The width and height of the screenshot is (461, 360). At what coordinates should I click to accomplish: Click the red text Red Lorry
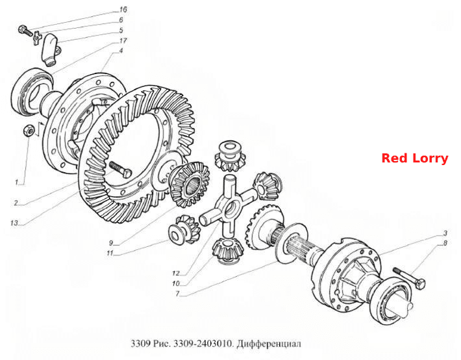point(414,158)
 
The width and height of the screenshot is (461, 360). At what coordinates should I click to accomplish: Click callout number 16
point(123,9)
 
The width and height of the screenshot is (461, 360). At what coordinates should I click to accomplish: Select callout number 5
point(121,31)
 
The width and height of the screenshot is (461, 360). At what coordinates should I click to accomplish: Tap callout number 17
point(123,41)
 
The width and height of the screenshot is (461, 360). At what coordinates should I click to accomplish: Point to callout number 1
point(17,183)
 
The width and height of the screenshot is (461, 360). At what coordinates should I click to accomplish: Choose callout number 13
point(14,223)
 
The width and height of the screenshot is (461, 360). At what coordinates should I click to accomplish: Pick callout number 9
point(111,243)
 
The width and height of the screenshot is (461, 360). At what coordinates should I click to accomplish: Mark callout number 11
point(110,253)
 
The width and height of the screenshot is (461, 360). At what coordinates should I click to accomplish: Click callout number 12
point(175,273)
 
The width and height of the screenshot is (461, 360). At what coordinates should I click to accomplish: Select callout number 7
point(177,294)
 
